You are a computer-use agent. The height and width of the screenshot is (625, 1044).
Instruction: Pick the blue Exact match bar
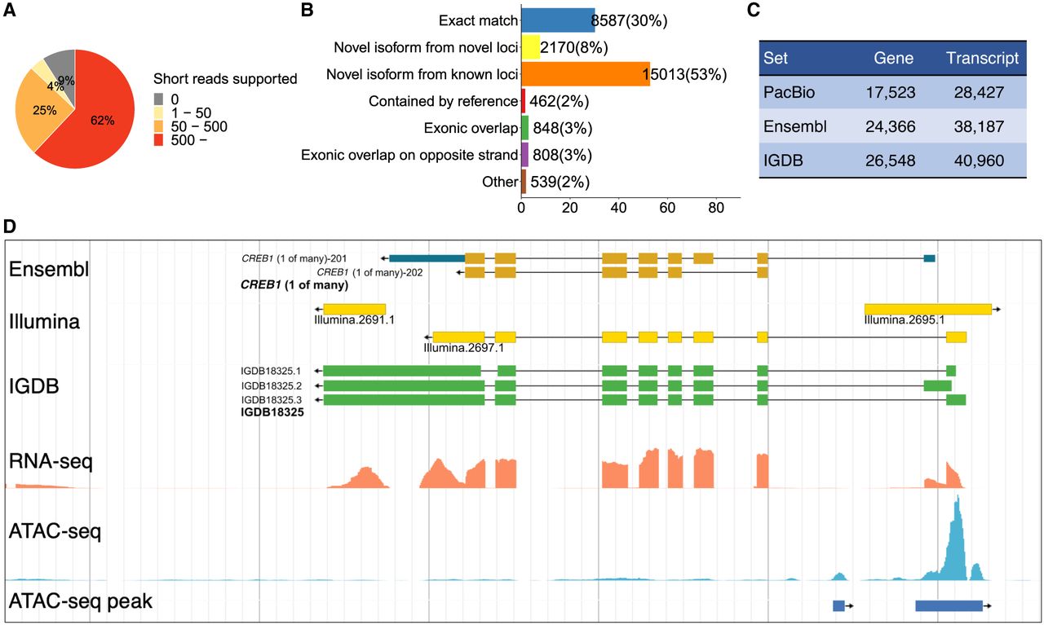[558, 20]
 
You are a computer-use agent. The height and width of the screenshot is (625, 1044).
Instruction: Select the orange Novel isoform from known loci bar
[585, 74]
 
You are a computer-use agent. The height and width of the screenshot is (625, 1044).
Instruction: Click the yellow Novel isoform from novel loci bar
[530, 47]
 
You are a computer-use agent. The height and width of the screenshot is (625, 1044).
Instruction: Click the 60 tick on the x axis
[667, 209]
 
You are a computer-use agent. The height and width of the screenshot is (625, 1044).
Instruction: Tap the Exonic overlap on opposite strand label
[409, 155]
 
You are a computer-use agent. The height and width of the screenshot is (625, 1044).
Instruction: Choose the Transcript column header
[982, 59]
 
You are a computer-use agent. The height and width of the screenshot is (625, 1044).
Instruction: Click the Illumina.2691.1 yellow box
[354, 310]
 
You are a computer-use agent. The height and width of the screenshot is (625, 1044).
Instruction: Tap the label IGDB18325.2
[271, 385]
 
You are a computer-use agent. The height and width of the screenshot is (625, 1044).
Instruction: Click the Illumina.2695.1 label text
[905, 320]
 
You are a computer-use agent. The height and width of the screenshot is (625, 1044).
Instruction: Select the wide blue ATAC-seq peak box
[949, 605]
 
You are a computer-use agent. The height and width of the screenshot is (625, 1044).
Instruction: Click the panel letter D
[11, 226]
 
